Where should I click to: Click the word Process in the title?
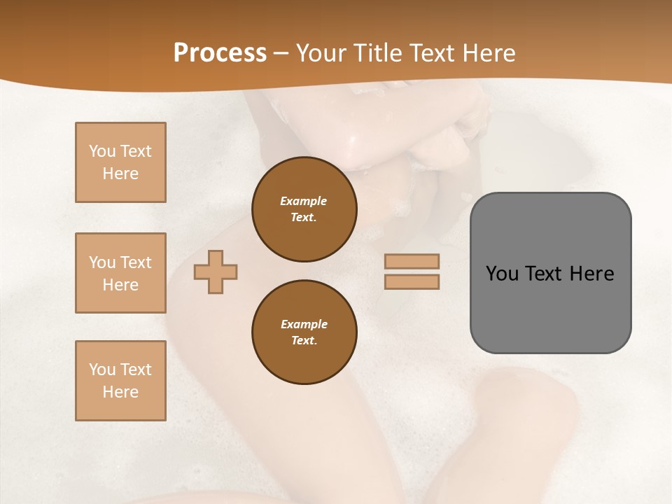click(220, 52)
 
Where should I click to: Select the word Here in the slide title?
click(489, 52)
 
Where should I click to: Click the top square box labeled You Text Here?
click(120, 162)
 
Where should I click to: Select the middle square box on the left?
click(120, 273)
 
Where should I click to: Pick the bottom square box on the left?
click(120, 381)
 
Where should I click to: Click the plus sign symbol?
click(216, 272)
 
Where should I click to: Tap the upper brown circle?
click(304, 209)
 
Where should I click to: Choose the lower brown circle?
click(304, 332)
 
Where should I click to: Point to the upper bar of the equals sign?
click(412, 261)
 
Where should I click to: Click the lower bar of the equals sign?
click(412, 281)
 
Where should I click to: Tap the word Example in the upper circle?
click(304, 201)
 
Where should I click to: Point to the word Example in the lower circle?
click(304, 324)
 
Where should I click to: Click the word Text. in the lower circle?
click(304, 340)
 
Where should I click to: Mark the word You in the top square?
click(101, 151)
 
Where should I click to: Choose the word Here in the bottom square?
click(120, 392)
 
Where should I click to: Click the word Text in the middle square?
click(135, 262)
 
